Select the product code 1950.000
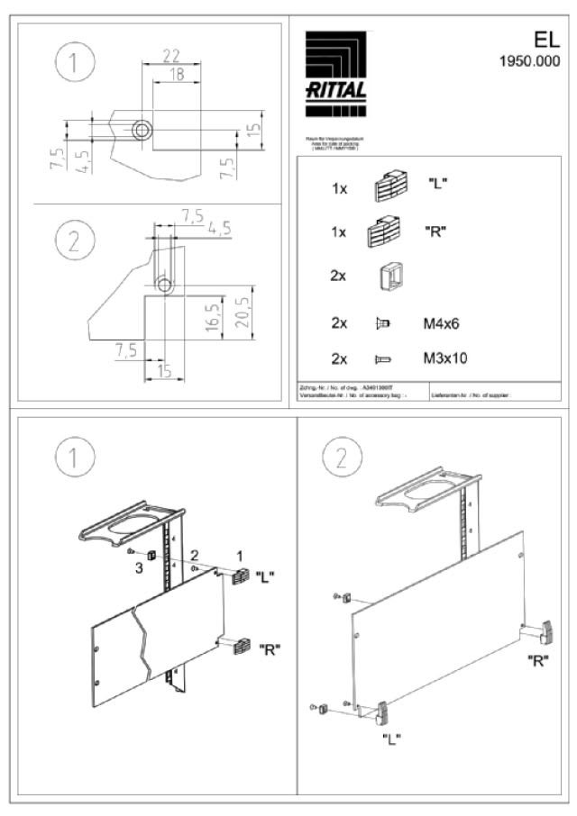[529, 62]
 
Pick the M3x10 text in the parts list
[445, 358]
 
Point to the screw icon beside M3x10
[381, 358]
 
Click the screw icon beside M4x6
[381, 322]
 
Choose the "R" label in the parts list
[436, 231]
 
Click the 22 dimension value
[169, 56]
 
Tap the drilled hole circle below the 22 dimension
[142, 131]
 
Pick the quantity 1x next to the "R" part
[339, 231]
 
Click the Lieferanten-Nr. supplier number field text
[465, 394]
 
